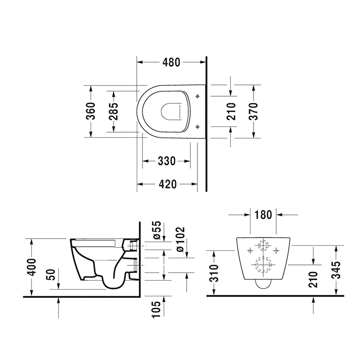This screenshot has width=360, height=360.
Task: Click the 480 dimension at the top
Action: pyautogui.click(x=171, y=63)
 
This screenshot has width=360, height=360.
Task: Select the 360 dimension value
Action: pyautogui.click(x=91, y=111)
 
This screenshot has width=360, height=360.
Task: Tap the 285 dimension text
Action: pyautogui.click(x=114, y=111)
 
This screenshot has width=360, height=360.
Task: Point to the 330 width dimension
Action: pyautogui.click(x=167, y=161)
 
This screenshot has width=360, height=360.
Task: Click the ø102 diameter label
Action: pyautogui.click(x=179, y=239)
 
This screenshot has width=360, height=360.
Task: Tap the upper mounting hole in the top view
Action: pyautogui.click(x=199, y=96)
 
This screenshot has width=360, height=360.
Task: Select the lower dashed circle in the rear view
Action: pyautogui.click(x=263, y=265)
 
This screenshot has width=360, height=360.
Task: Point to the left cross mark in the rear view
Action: pyautogui.click(x=250, y=250)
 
